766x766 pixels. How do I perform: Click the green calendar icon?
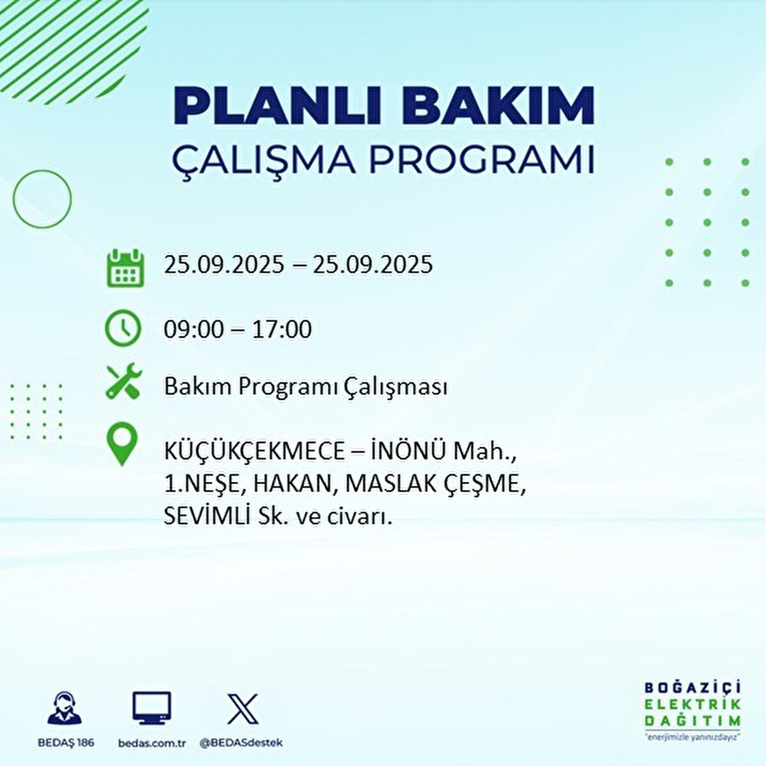(x=125, y=267)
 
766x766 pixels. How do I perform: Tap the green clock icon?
(x=123, y=328)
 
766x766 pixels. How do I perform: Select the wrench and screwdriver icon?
(x=124, y=382)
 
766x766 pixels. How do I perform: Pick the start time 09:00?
(x=194, y=329)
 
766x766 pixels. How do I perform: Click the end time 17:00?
(x=282, y=329)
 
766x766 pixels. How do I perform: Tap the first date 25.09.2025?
(x=223, y=264)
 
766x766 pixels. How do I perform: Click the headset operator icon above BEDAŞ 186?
(x=65, y=709)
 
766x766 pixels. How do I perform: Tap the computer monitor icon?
(x=152, y=707)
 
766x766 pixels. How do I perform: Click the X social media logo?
(x=243, y=709)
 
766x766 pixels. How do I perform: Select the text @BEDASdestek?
(x=241, y=743)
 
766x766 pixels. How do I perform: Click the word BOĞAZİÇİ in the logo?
(x=693, y=688)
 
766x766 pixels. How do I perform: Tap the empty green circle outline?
(x=42, y=199)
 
